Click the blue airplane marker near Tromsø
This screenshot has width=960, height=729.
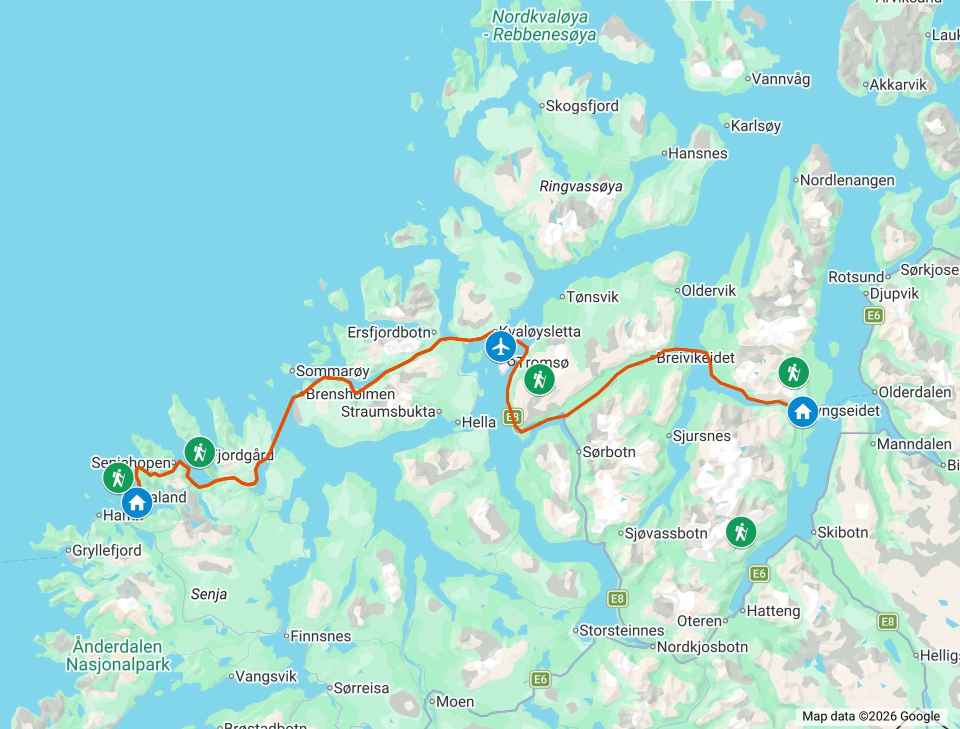(500, 347)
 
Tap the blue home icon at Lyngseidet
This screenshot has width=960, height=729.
(802, 412)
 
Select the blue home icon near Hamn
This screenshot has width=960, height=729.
(137, 503)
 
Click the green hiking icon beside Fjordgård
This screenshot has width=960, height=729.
(199, 452)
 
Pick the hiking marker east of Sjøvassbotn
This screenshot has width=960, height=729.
(741, 532)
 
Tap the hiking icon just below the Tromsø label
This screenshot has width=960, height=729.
(539, 380)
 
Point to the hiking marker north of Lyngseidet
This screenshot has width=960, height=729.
(793, 372)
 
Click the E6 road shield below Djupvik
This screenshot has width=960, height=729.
(873, 315)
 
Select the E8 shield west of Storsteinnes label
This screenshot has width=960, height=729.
(617, 599)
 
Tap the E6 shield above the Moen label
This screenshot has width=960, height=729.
(540, 679)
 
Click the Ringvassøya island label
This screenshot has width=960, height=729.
(581, 186)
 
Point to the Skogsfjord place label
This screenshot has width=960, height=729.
(582, 106)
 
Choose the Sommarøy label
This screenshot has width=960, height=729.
(332, 371)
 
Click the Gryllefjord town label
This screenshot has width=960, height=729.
(106, 550)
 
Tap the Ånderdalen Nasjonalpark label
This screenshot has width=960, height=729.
(118, 655)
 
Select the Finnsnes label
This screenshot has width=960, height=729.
(320, 636)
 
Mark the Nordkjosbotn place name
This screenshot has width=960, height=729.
(702, 647)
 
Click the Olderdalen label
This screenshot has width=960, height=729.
(914, 392)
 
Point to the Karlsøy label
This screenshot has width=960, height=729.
(755, 125)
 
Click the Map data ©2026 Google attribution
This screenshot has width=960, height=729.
(870, 716)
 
